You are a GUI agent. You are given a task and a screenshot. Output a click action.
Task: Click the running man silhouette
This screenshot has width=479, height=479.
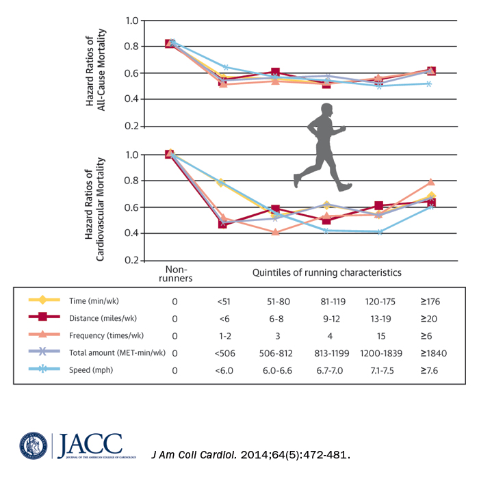(x=320, y=146)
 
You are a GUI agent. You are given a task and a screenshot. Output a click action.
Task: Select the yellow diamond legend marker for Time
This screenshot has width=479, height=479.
(x=42, y=300)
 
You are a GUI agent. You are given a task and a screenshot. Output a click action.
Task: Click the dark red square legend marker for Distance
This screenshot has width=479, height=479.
(x=42, y=318)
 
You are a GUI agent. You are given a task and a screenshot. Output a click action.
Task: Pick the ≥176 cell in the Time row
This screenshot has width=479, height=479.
(x=431, y=300)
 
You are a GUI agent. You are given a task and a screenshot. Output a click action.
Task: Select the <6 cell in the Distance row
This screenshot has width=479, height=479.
(x=225, y=318)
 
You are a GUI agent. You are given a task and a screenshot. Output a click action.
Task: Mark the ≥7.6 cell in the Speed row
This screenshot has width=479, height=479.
(x=431, y=370)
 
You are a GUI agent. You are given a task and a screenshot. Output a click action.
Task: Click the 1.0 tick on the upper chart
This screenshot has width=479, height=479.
(x=132, y=21)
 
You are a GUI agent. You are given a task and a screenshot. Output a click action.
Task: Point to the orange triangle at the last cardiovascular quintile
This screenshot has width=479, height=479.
(x=430, y=182)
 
